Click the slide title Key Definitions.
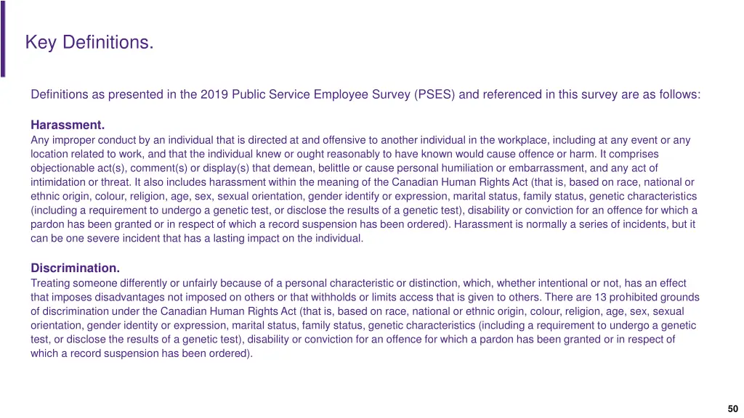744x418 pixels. pyautogui.click(x=89, y=43)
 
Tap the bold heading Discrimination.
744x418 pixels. pyautogui.click(x=75, y=268)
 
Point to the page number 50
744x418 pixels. pyautogui.click(x=732, y=409)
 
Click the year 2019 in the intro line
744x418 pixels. pyautogui.click(x=214, y=95)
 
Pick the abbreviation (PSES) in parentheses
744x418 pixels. pyautogui.click(x=434, y=95)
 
